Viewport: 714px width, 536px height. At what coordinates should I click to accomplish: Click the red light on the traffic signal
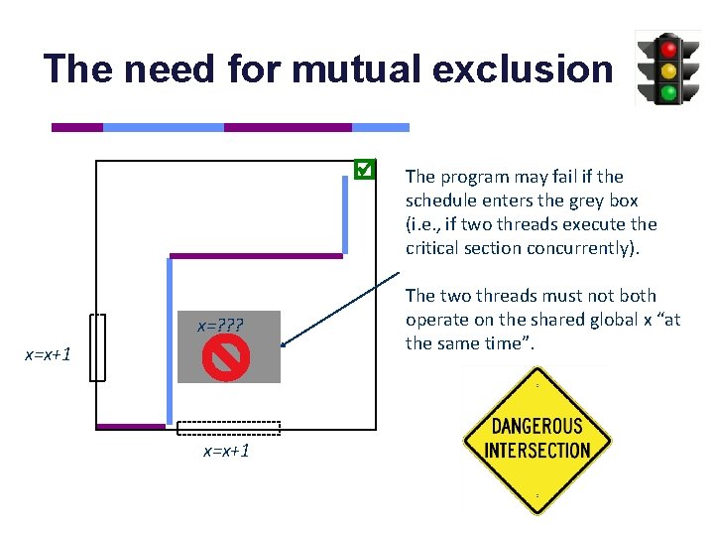point(668,47)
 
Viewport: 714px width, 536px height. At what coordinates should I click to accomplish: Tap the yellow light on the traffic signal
point(668,69)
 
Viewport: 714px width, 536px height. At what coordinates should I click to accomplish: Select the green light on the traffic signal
point(668,93)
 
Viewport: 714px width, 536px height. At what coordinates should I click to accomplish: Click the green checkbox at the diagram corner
point(364,170)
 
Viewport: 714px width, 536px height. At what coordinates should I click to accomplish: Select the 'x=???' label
point(220,326)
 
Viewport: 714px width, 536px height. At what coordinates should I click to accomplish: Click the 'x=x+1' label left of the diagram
point(48,354)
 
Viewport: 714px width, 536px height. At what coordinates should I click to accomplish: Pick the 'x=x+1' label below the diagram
point(226,451)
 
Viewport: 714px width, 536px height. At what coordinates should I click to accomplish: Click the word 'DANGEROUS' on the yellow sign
point(537,427)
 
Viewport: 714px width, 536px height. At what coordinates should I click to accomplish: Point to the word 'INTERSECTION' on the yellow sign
point(537,450)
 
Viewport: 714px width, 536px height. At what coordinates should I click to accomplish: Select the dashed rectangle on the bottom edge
point(228,429)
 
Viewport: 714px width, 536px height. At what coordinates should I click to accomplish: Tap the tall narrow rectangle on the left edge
point(96,347)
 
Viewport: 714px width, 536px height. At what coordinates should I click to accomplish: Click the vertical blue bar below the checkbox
point(345,216)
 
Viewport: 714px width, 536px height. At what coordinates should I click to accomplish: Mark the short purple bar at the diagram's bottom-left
point(131,427)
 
